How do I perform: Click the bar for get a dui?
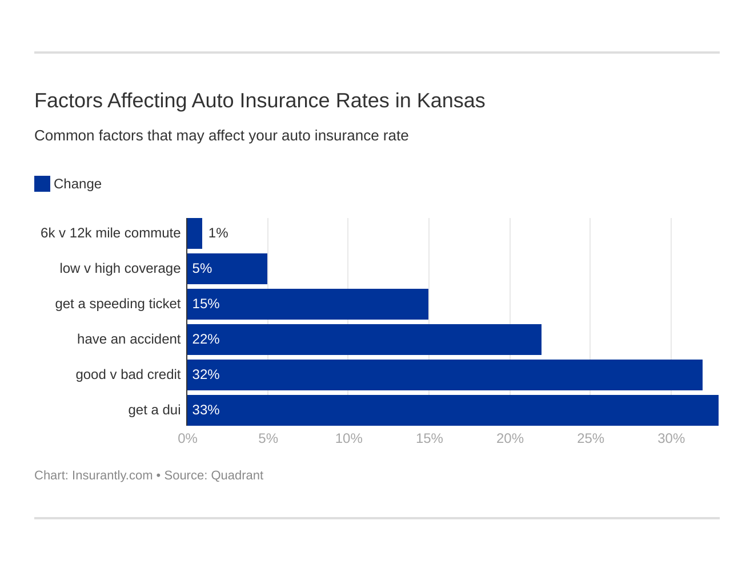tap(452, 410)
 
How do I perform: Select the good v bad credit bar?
tap(444, 374)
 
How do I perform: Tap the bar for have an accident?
tap(364, 339)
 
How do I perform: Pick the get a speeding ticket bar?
tap(307, 304)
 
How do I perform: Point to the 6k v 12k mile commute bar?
tap(194, 233)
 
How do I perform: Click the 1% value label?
tap(218, 233)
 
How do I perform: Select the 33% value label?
tap(206, 410)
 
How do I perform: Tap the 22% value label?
tap(206, 339)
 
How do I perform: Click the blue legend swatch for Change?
tap(42, 184)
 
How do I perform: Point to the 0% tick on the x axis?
tap(187, 438)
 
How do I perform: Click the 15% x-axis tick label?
tap(429, 438)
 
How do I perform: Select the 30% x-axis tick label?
tap(671, 438)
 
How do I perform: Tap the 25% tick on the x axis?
tap(590, 438)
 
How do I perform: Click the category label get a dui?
tap(154, 410)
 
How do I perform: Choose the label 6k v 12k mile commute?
tap(110, 233)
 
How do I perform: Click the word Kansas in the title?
tap(451, 100)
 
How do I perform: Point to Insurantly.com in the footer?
tap(112, 475)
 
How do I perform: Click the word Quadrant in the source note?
tap(237, 475)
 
